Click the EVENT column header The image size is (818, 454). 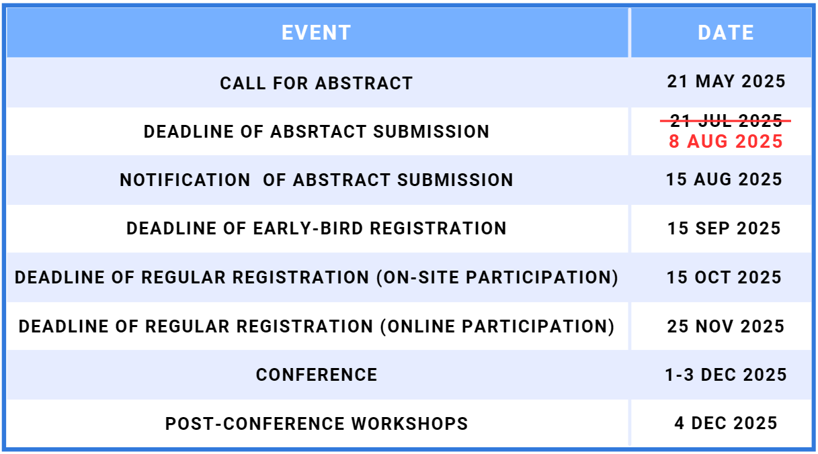point(317,33)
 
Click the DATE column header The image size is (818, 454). point(726,33)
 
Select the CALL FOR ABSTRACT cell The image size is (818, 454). point(317,83)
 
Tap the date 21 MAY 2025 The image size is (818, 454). point(726,81)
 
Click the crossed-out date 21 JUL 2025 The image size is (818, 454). point(726,120)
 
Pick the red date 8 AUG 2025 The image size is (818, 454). point(726,142)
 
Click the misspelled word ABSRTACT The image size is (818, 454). point(319,132)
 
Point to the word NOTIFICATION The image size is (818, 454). point(185,180)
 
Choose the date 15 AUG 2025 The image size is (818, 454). point(724,179)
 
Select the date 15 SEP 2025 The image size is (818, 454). point(724,228)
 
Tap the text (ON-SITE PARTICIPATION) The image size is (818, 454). point(497,277)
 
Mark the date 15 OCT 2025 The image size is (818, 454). point(724,277)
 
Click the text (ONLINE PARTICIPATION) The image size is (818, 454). point(497,326)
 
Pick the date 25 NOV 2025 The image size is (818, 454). point(726,326)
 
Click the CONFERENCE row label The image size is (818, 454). point(317,375)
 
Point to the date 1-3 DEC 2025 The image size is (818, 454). point(726,375)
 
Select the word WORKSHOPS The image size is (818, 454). point(409,424)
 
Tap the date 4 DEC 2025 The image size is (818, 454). point(726,423)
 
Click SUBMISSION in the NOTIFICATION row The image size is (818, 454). point(455,180)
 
